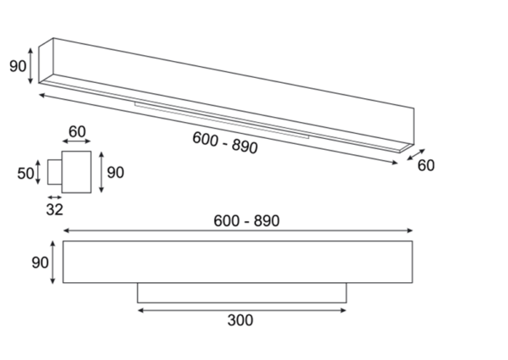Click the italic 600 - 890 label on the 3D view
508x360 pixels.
tap(225, 142)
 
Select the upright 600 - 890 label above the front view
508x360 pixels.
tap(246, 221)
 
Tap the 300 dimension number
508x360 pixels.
tap(240, 320)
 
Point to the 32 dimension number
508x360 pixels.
tap(54, 210)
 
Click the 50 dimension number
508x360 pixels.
tap(25, 174)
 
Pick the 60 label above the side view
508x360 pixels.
tap(77, 131)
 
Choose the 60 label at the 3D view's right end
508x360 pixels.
tap(426, 165)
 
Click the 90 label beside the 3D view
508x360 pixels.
tap(18, 66)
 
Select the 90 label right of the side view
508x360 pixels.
tap(115, 173)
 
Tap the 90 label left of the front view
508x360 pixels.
tap(40, 263)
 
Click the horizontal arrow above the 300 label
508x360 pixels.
tap(242, 310)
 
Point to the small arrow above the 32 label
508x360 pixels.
tap(54, 197)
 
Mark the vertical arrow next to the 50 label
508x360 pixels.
tap(38, 173)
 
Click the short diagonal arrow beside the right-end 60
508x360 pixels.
tap(416, 154)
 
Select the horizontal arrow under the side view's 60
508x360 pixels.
tap(76, 141)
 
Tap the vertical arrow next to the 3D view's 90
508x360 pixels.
tap(30, 66)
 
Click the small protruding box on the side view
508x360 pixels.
tap(55, 172)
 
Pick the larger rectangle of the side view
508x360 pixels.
tap(76, 172)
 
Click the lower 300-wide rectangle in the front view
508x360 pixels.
tap(242, 293)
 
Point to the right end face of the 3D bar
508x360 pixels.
tap(407, 130)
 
